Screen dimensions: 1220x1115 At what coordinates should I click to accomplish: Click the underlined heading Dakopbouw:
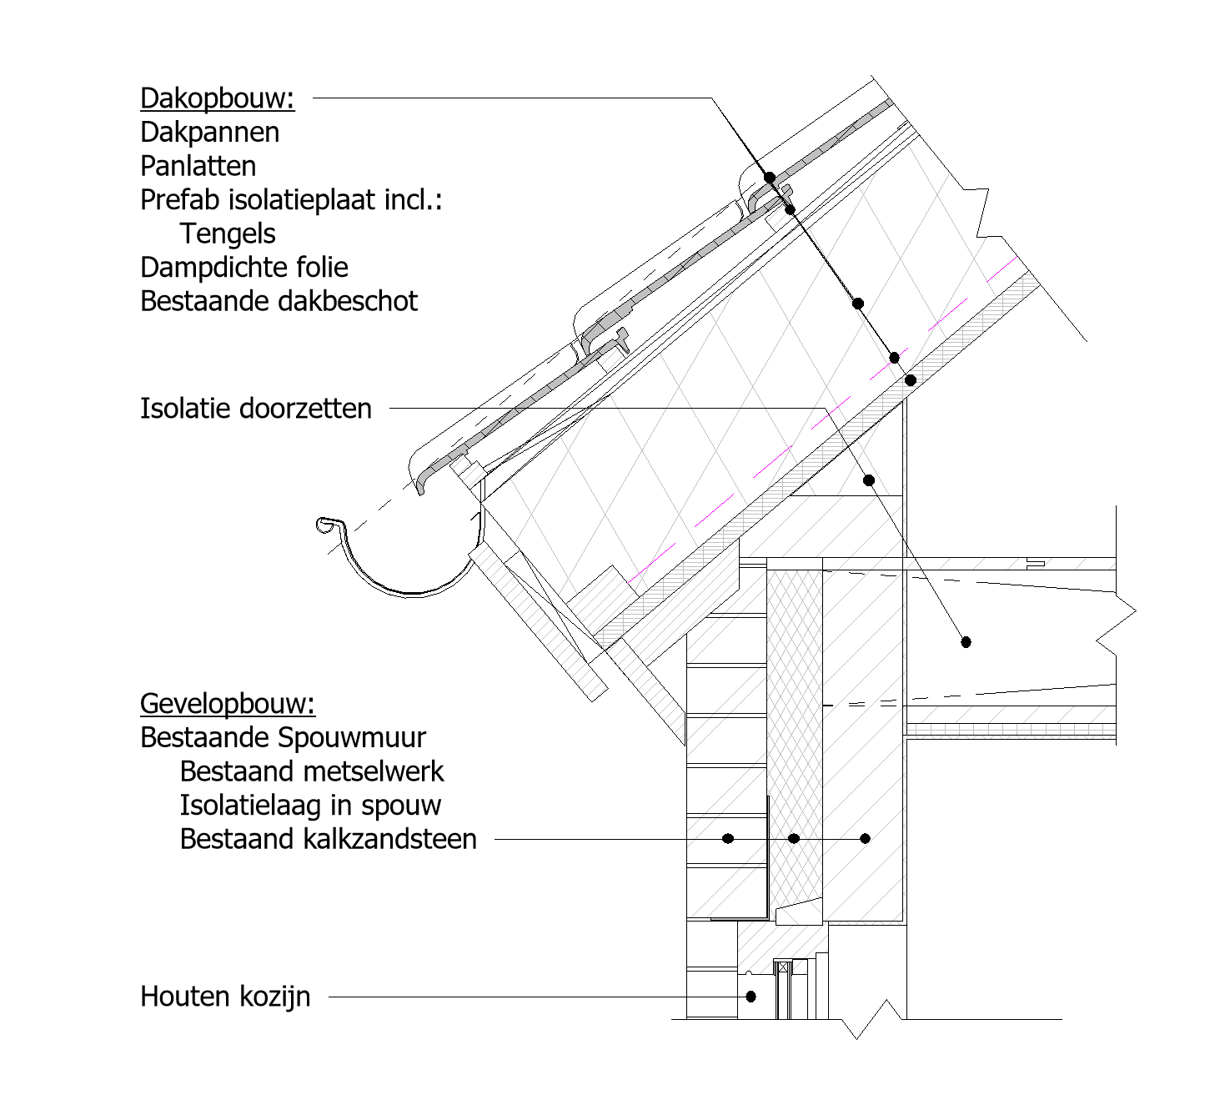click(218, 98)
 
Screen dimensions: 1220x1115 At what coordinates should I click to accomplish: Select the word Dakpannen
click(210, 133)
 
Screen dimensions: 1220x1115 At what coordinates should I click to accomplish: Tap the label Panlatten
click(198, 166)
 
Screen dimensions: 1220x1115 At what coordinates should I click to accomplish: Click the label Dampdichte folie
click(243, 268)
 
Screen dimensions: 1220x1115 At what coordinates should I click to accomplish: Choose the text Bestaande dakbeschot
click(279, 301)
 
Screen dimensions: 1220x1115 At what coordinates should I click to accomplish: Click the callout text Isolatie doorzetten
click(256, 408)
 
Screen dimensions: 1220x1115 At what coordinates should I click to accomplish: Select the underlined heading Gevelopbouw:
click(228, 704)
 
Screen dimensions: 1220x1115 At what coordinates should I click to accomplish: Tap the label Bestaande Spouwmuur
click(283, 738)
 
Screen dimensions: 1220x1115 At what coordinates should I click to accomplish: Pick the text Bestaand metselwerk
click(312, 771)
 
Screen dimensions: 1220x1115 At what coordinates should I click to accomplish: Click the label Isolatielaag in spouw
click(310, 806)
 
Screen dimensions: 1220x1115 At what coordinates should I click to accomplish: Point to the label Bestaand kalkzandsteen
click(329, 840)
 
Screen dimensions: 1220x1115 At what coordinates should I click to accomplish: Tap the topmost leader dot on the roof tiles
click(770, 178)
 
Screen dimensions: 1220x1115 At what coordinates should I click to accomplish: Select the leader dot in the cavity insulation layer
click(794, 839)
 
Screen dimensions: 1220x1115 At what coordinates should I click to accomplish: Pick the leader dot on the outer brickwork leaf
click(728, 839)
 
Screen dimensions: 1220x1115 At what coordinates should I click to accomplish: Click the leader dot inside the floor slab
click(966, 642)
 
